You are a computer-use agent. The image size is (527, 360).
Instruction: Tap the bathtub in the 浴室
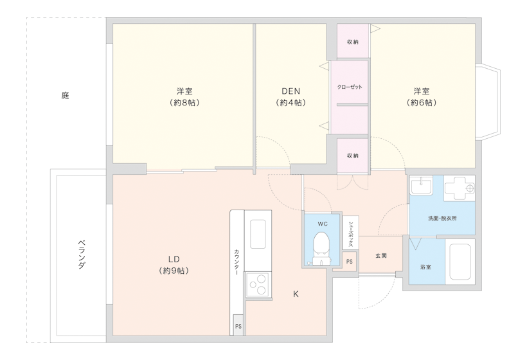[x=460, y=262]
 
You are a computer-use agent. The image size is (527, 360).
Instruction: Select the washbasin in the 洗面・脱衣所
[x=421, y=186]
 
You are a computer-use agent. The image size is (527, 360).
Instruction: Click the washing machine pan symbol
[x=460, y=188]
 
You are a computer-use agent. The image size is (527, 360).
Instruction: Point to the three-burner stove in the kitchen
[x=258, y=285]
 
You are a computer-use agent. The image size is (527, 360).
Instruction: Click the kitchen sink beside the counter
[x=258, y=234]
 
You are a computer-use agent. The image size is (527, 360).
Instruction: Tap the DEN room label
[x=290, y=91]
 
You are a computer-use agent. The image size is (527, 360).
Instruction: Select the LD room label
[x=174, y=259]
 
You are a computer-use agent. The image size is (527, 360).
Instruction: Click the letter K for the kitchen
[x=296, y=294]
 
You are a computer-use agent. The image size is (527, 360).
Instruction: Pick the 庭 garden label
[x=65, y=95]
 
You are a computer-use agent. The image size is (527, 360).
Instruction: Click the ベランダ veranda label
[x=82, y=254]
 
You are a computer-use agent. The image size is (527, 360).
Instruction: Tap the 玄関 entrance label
[x=381, y=256]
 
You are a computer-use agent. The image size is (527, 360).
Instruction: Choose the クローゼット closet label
[x=350, y=87]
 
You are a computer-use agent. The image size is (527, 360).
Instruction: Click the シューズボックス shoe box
[x=350, y=233]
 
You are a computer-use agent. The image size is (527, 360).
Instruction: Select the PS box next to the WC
[x=350, y=261]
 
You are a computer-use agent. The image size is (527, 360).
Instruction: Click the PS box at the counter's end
[x=238, y=325]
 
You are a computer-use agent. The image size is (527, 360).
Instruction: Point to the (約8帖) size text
[x=184, y=102]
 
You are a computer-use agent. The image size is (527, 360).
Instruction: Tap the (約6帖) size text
[x=422, y=102]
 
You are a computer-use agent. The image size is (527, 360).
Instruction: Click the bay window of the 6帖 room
[x=488, y=102]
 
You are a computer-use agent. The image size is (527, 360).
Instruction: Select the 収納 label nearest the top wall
[x=353, y=42]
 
